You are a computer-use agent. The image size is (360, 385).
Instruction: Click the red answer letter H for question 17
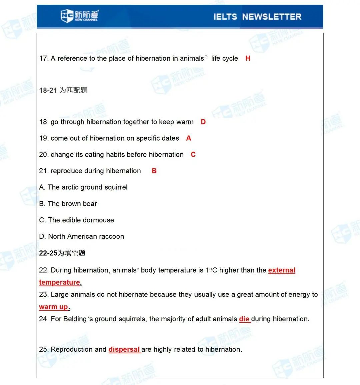pyautogui.click(x=248, y=58)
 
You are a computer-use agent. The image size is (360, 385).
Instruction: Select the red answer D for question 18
pyautogui.click(x=203, y=122)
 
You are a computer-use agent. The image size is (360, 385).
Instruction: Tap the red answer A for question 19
pyautogui.click(x=189, y=138)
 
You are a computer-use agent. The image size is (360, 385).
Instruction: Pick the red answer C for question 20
pyautogui.click(x=193, y=155)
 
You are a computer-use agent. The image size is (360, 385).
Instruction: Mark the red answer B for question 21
pyautogui.click(x=154, y=171)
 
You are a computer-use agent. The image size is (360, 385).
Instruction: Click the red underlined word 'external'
pyautogui.click(x=282, y=270)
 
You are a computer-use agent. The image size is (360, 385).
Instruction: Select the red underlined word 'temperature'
pyautogui.click(x=60, y=282)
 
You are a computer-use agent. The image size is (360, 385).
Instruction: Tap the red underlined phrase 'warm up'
pyautogui.click(x=54, y=307)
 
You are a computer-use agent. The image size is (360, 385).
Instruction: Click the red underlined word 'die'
pyautogui.click(x=244, y=319)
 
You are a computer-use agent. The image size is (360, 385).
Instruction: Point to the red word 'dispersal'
pyautogui.click(x=124, y=349)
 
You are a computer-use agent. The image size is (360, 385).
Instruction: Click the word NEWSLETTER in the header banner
pyautogui.click(x=272, y=17)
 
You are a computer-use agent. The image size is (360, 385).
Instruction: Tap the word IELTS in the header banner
pyautogui.click(x=225, y=17)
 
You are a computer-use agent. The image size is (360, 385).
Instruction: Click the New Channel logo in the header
pyautogui.click(x=79, y=16)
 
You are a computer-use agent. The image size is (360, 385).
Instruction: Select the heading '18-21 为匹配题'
pyautogui.click(x=63, y=90)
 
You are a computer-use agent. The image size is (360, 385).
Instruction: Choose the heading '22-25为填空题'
pyautogui.click(x=62, y=253)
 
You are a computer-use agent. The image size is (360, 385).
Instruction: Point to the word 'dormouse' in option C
pyautogui.click(x=100, y=220)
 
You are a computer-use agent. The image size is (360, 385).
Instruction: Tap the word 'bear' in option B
pyautogui.click(x=90, y=204)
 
